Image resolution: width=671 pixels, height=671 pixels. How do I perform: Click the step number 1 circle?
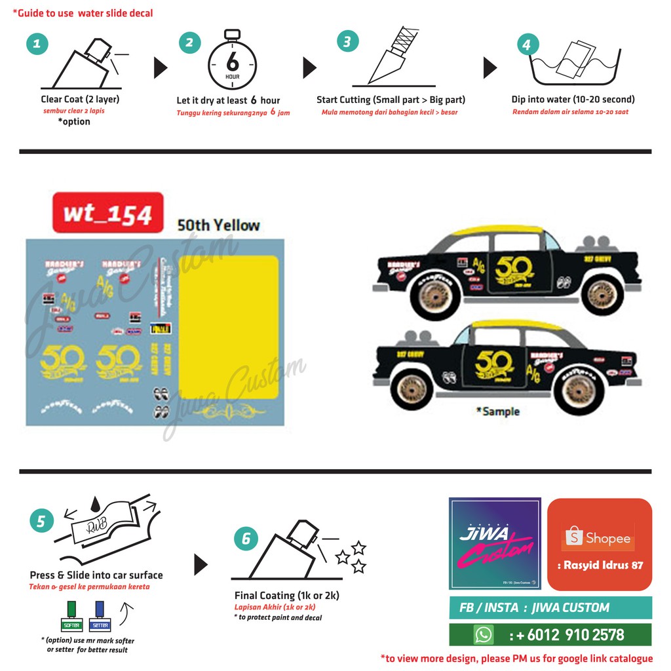click(37, 44)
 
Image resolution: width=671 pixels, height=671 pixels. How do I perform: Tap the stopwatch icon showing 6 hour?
click(232, 63)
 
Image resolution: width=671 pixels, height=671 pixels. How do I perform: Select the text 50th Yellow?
click(218, 225)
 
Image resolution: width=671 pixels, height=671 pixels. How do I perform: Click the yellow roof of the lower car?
click(518, 325)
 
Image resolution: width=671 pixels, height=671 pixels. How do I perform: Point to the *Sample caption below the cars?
click(497, 412)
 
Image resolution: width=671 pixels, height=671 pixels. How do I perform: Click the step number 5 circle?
click(41, 521)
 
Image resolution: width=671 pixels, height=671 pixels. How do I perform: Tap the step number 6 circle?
click(246, 539)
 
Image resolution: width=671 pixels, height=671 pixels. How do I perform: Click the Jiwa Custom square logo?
click(495, 543)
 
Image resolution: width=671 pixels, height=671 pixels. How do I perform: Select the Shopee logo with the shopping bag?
click(599, 538)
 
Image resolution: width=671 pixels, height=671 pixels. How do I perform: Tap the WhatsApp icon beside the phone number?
click(484, 634)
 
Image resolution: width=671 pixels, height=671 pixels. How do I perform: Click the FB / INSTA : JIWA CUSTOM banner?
click(550, 607)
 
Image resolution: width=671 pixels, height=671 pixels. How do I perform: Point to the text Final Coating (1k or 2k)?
click(286, 596)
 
